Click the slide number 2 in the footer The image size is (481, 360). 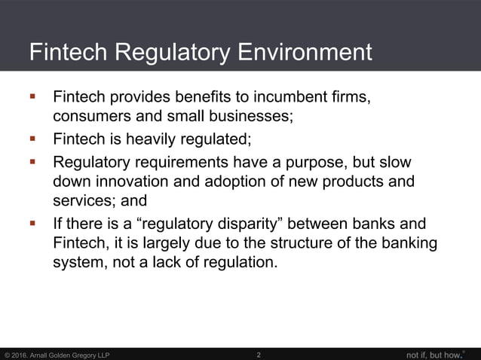coord(259,354)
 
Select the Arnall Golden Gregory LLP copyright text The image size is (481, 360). coord(57,355)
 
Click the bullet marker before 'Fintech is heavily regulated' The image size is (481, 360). coord(32,139)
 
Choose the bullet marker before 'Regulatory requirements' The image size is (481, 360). coord(32,161)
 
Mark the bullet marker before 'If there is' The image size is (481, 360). coord(32,224)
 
